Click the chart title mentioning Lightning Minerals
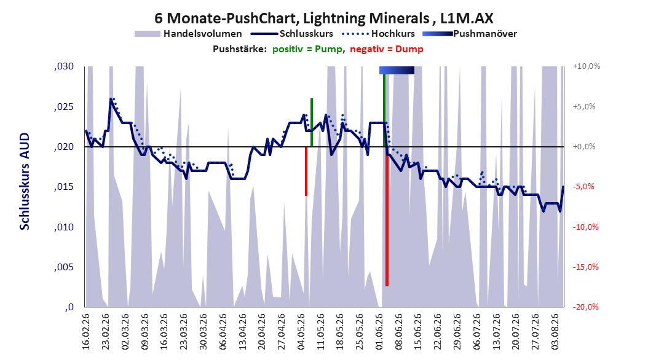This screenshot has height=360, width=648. tap(323, 18)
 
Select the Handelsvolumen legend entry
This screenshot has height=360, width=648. tap(188, 34)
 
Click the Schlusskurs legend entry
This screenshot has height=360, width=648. tap(291, 34)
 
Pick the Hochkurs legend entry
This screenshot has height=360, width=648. tap(378, 34)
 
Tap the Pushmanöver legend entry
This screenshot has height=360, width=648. tap(470, 34)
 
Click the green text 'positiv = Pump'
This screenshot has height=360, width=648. tap(307, 49)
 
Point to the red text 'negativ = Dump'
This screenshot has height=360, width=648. tap(387, 49)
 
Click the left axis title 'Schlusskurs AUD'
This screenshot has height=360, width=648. tap(25, 181)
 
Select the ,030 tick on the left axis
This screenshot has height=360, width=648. tap(64, 66)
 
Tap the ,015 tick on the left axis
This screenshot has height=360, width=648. tap(64, 187)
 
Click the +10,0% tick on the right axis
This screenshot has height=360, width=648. tap(587, 66)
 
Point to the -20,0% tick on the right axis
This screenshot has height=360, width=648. tap(585, 307)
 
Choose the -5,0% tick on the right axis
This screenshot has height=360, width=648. tap(584, 187)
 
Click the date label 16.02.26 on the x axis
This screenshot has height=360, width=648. tap(85, 332)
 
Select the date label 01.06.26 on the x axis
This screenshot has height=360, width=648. tap(379, 332)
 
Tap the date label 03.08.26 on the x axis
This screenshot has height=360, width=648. tap(555, 332)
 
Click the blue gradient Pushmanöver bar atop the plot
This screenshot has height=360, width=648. tap(397, 70)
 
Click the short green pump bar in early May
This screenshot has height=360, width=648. tap(312, 123)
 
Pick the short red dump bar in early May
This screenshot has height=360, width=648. tap(306, 171)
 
